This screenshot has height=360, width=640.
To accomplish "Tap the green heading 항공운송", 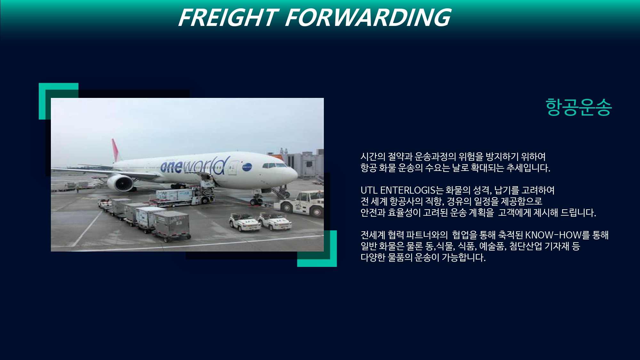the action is (x=579, y=107).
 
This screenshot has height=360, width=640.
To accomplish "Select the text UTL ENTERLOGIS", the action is (x=398, y=190).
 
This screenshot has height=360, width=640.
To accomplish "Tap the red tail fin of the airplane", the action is (x=116, y=150).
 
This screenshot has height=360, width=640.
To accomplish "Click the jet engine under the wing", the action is (x=120, y=183).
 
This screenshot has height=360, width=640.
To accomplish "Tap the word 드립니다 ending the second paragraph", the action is (x=578, y=212).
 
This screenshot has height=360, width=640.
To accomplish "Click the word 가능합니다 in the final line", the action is (x=464, y=257).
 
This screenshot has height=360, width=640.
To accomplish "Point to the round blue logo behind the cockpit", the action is (x=247, y=167).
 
